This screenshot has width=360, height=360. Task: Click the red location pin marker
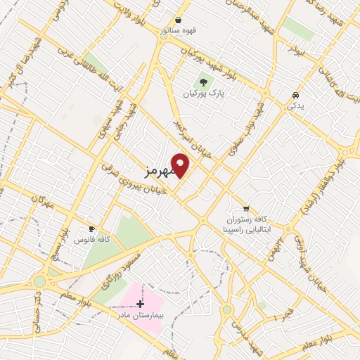click(181, 165)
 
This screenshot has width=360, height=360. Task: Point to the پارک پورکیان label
click(202, 94)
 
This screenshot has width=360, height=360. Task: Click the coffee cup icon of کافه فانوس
click(91, 229)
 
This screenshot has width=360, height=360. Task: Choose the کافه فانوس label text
click(91, 240)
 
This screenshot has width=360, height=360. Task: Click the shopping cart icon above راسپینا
click(245, 208)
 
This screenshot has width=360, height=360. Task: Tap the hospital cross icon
click(139, 304)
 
